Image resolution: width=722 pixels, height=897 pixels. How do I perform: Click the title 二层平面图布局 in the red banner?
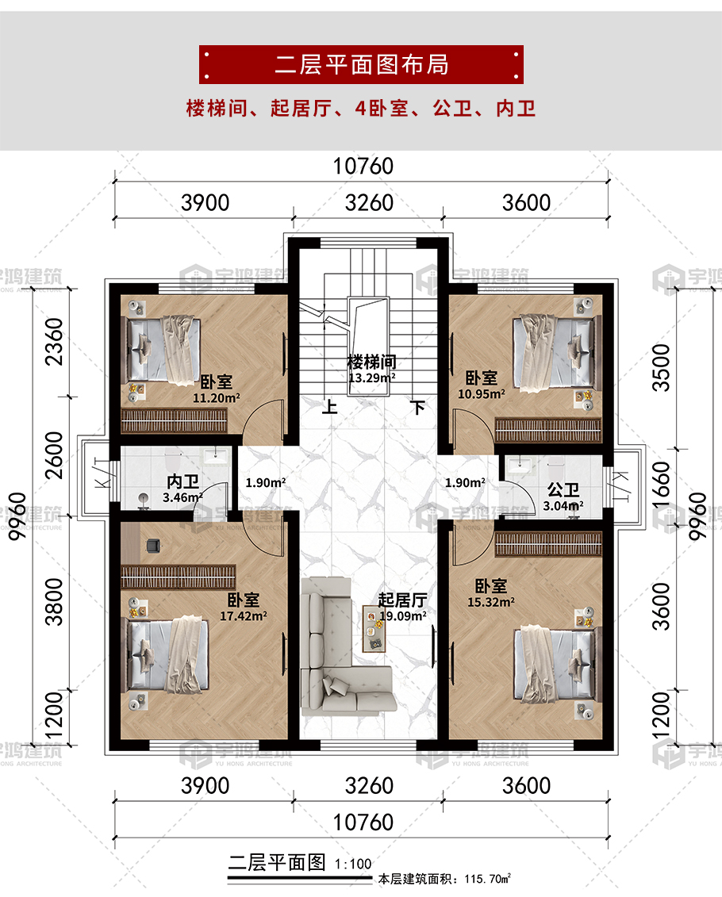(x=362, y=65)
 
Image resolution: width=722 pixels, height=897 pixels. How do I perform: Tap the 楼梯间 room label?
(x=372, y=362)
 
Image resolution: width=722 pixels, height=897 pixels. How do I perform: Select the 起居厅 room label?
(x=402, y=600)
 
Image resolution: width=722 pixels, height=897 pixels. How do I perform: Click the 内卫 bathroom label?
(x=182, y=481)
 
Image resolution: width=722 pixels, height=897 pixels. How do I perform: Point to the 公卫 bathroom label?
(x=563, y=489)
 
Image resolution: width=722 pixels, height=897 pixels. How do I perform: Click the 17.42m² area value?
(x=244, y=616)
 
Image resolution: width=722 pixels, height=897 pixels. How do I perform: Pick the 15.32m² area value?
(x=491, y=602)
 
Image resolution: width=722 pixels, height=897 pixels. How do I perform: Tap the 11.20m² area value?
(x=217, y=397)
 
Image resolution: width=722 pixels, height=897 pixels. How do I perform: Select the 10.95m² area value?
(x=481, y=393)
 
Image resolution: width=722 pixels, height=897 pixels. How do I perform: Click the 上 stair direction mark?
(x=329, y=407)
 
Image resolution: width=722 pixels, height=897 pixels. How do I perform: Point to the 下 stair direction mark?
(x=418, y=408)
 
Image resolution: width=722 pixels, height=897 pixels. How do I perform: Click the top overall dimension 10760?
(x=363, y=167)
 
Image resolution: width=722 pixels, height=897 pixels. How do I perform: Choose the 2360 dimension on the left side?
(x=55, y=342)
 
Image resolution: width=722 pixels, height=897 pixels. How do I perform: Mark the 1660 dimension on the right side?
(x=661, y=485)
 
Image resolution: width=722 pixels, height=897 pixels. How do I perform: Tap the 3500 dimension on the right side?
(x=661, y=368)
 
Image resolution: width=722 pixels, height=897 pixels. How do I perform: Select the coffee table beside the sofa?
(x=374, y=629)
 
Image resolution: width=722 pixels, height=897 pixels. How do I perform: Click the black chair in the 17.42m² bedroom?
(x=153, y=546)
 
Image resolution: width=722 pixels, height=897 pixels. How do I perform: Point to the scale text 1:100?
(x=353, y=864)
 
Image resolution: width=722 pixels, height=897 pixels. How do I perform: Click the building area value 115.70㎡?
(x=488, y=879)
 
